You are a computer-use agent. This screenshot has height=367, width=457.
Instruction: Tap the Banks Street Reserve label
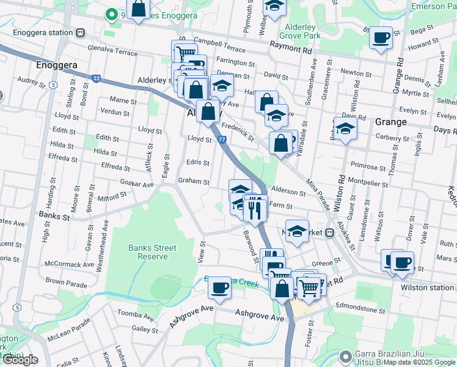tap(152, 252)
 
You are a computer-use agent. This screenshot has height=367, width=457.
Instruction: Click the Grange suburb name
tap(390, 122)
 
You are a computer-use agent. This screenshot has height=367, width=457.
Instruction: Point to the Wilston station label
tap(428, 287)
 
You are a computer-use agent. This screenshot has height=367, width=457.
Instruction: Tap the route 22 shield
tap(97, 78)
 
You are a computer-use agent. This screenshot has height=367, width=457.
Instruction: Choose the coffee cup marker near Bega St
tap(381, 38)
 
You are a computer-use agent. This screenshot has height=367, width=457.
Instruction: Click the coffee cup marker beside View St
tap(219, 287)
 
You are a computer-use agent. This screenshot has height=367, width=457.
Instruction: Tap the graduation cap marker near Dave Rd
tap(345, 128)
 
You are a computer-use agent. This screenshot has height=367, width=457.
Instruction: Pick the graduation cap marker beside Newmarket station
tap(296, 231)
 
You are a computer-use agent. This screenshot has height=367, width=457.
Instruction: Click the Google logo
tap(20, 360)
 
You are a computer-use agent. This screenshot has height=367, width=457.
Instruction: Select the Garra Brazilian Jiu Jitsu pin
tap(346, 355)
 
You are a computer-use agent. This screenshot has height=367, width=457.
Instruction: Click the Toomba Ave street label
tap(129, 316)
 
